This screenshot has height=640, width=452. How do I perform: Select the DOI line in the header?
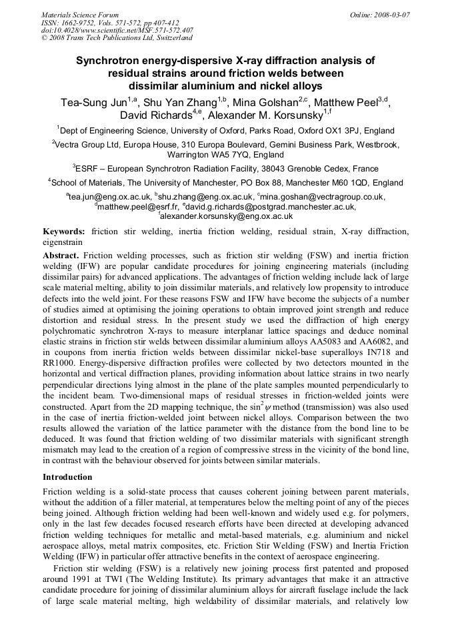click(x=117, y=30)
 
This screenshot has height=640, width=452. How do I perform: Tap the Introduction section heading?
click(x=67, y=477)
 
